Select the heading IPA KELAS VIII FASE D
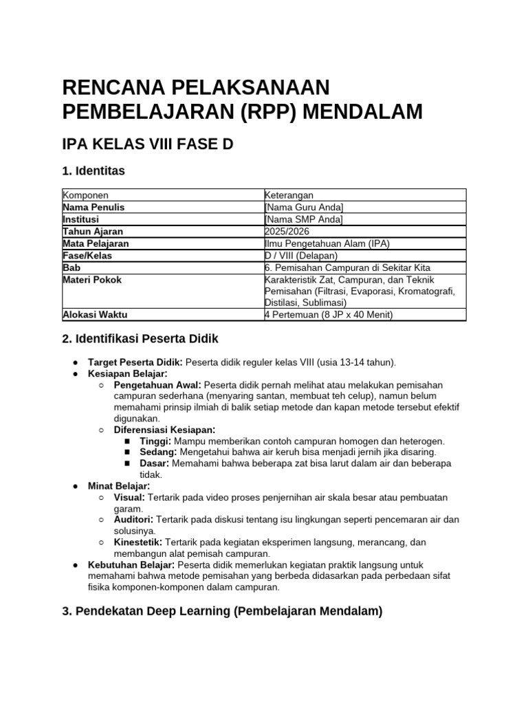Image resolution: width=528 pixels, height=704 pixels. (x=148, y=144)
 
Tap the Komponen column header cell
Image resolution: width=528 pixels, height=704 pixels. (x=85, y=195)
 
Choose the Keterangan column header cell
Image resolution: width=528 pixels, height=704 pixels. (x=289, y=195)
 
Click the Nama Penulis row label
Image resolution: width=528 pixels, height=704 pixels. (x=93, y=207)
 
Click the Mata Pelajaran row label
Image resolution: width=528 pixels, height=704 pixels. (x=96, y=243)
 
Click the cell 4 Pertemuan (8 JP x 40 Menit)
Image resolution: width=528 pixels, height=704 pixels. (x=328, y=315)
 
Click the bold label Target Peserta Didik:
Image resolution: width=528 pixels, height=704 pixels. (x=135, y=362)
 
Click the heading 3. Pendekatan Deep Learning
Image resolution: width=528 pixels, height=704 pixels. (x=222, y=610)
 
